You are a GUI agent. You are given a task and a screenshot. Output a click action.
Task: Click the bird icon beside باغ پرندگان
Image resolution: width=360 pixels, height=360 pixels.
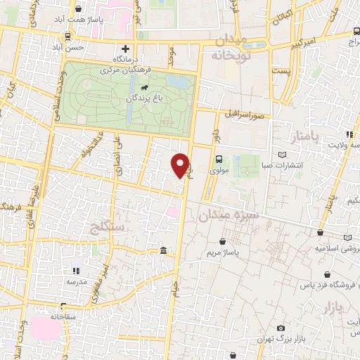(x=144, y=88)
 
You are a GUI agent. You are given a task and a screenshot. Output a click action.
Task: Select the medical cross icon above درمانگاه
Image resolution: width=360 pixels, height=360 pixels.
(x=125, y=49)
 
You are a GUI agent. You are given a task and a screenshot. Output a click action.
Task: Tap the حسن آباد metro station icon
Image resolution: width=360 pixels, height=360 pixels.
(x=67, y=36)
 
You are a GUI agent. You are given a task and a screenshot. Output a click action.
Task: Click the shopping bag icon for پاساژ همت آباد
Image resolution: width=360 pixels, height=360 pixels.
(x=77, y=10)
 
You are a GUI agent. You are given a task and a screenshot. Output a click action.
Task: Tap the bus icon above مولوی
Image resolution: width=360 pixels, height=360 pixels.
(x=219, y=159)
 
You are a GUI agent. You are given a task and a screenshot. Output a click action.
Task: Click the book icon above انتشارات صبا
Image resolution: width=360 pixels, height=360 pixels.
(x=283, y=155)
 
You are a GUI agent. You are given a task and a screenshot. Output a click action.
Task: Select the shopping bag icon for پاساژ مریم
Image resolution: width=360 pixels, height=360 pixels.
(x=223, y=241)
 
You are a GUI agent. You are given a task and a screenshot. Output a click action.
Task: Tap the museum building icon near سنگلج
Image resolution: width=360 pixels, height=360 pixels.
(x=163, y=251)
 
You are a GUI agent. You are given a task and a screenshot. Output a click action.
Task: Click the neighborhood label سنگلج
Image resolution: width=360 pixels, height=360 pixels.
(x=108, y=226)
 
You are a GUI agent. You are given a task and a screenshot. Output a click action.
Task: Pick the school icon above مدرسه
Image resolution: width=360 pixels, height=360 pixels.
(x=77, y=271)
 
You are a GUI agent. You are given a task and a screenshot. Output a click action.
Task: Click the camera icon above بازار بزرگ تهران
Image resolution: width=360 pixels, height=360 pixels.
(x=281, y=328)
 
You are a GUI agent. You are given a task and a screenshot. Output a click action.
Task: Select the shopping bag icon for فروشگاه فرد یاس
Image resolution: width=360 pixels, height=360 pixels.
(x=290, y=276)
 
